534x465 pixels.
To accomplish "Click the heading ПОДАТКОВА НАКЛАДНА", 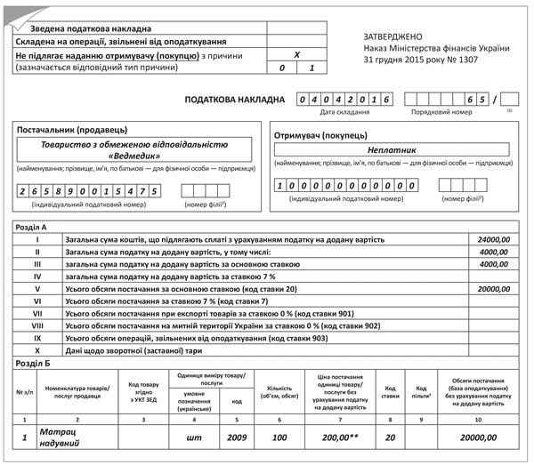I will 234,100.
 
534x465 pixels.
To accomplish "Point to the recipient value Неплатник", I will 392,150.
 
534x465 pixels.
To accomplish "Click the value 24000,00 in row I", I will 493,240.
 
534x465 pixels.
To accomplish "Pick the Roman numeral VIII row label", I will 37,326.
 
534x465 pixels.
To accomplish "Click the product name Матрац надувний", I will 61,436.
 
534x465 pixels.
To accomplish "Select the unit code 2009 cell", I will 238,437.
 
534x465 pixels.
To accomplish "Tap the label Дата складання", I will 344,113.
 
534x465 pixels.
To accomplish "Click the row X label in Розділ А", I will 37,351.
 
